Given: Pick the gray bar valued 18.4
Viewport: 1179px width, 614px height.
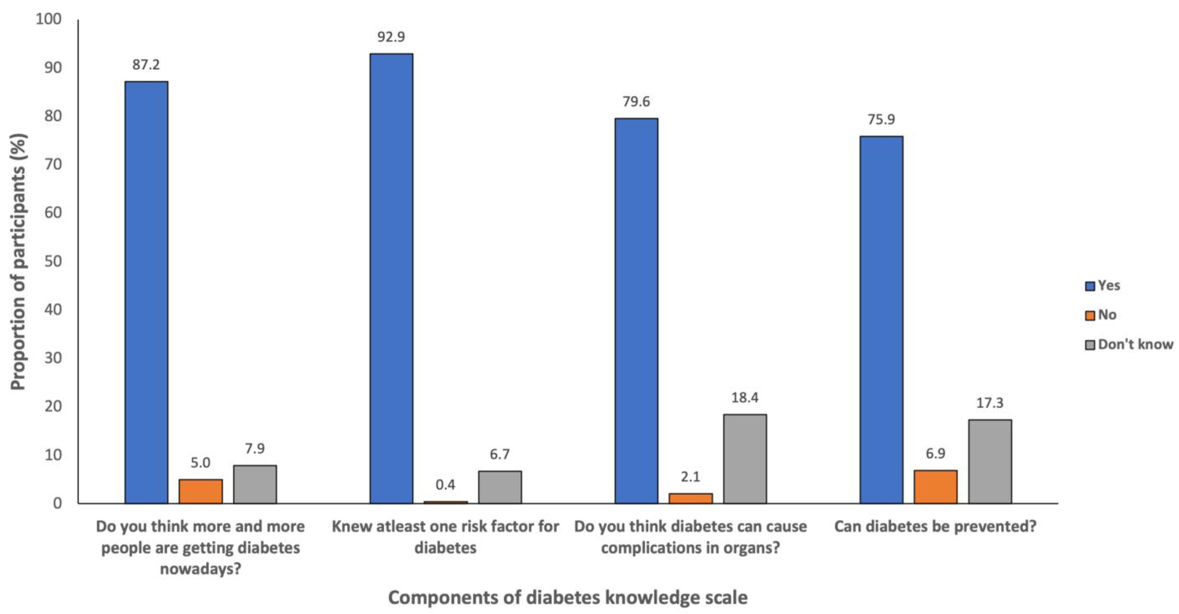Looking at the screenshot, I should tap(745, 458).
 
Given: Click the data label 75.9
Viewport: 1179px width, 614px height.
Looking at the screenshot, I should tap(881, 119).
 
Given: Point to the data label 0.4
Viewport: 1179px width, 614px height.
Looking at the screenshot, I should tap(445, 485).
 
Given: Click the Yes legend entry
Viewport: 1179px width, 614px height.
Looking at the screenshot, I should tap(1103, 285).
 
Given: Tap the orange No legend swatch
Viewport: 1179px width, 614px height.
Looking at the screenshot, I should tap(1090, 315).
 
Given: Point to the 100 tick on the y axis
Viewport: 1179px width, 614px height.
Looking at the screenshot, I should tap(49, 19).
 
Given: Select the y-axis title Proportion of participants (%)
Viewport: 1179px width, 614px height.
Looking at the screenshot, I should tap(18, 261).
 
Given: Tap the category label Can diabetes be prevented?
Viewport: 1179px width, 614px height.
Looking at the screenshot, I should tap(935, 527).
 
